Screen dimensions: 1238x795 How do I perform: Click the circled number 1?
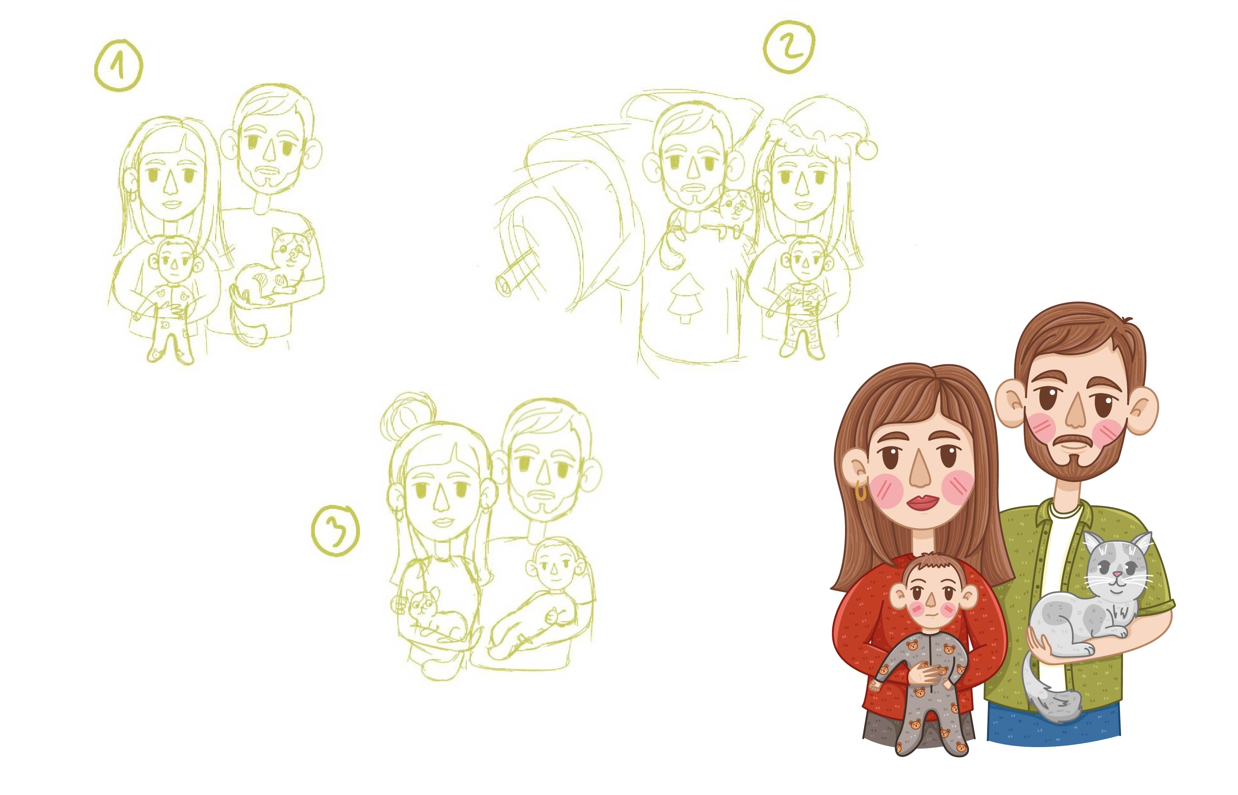pyautogui.click(x=118, y=66)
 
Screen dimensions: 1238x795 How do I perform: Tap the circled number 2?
pyautogui.click(x=789, y=47)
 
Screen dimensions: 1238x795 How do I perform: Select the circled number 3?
pyautogui.click(x=336, y=530)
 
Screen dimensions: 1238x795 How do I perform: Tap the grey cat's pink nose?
pyautogui.click(x=1117, y=574)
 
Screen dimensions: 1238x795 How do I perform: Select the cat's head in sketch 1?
pyautogui.click(x=290, y=249)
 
